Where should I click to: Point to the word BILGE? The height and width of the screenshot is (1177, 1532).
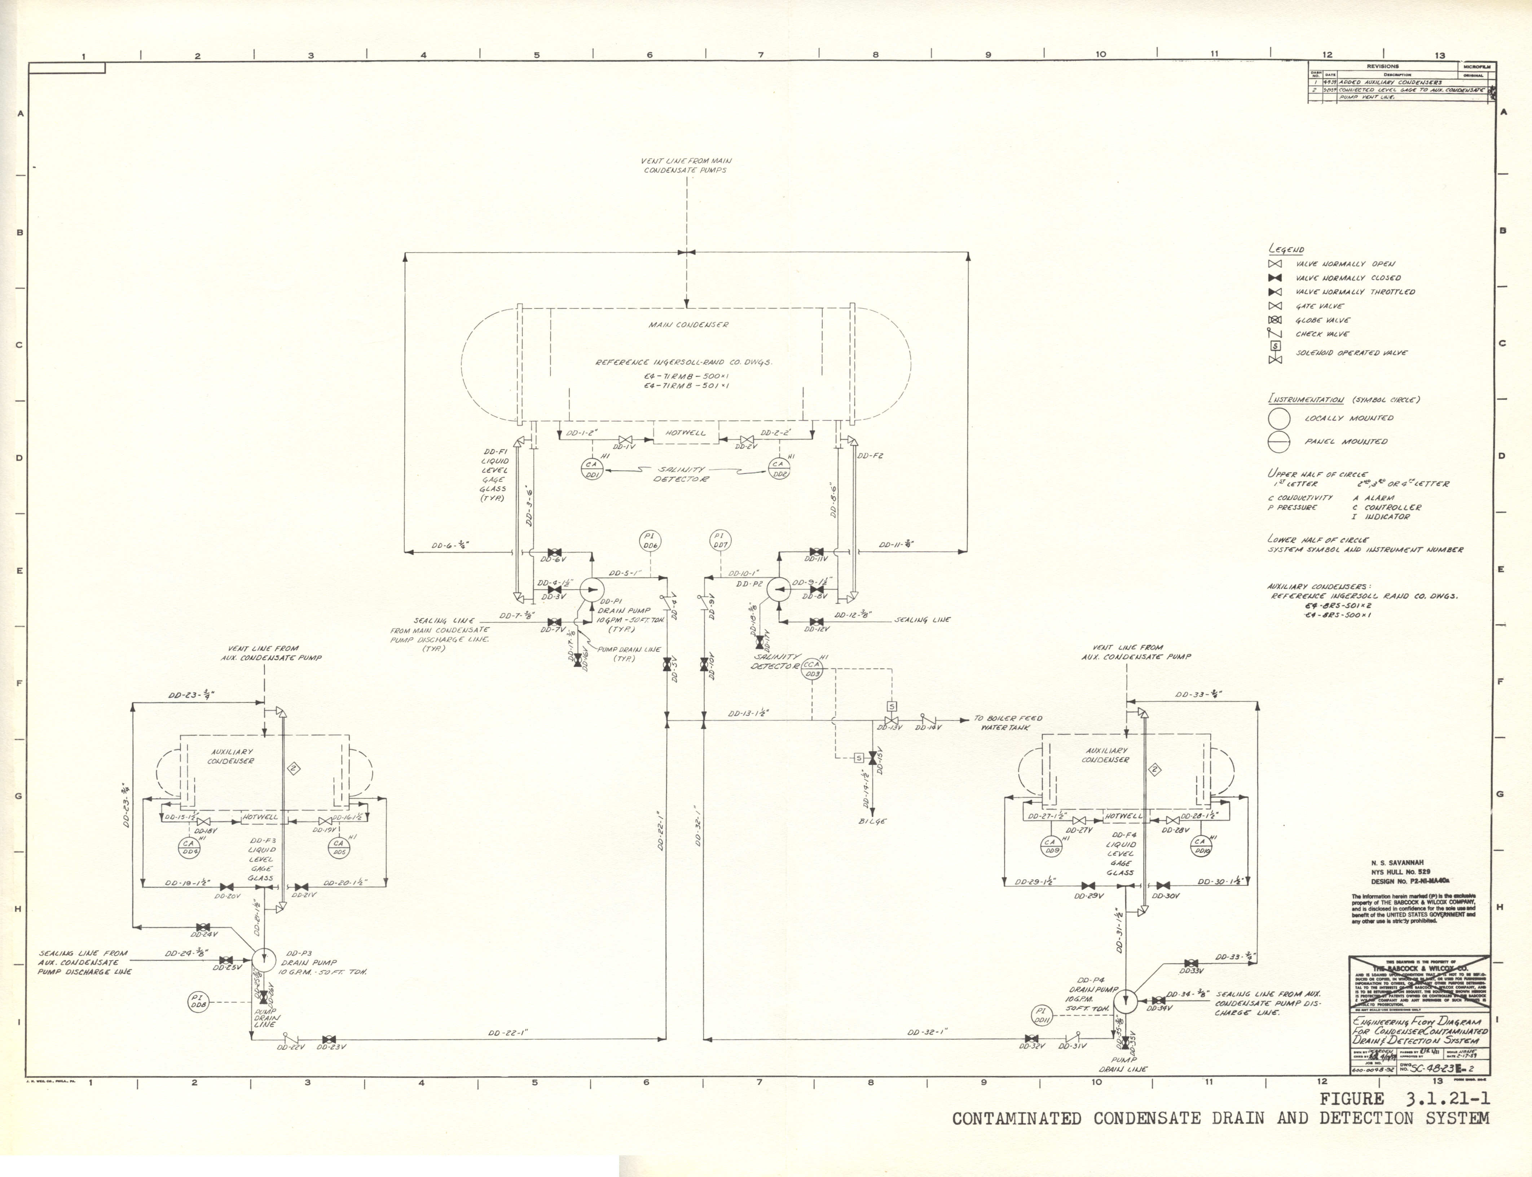pyautogui.click(x=872, y=821)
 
